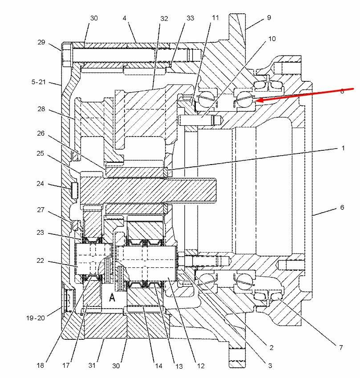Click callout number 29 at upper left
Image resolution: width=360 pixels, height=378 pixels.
tap(41, 42)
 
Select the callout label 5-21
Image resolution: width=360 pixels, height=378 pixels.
tap(38, 82)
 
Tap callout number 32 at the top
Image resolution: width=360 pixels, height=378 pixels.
tap(164, 19)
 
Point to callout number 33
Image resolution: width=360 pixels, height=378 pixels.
tap(190, 18)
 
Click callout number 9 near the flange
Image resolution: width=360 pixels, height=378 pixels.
tap(269, 18)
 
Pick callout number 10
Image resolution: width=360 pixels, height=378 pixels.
tap(272, 39)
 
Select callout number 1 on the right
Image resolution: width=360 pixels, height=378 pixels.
tap(343, 148)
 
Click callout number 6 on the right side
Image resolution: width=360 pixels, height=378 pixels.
tap(342, 207)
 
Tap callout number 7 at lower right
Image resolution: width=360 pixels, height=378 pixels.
tap(341, 347)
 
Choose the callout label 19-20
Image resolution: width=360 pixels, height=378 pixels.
tap(36, 318)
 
